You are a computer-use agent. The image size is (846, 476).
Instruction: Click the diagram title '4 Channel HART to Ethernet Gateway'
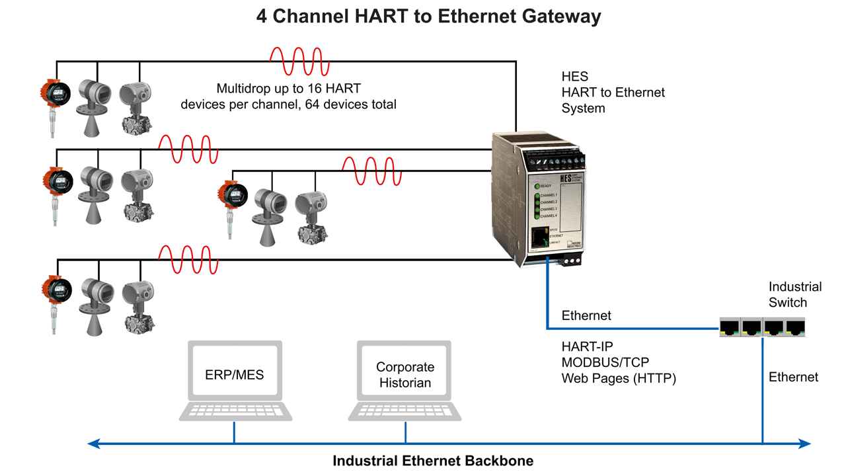[428, 16]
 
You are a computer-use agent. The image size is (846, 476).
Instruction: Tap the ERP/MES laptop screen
[235, 375]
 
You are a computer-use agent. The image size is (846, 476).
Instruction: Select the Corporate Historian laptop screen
[404, 375]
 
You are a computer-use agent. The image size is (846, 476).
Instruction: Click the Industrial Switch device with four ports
[762, 327]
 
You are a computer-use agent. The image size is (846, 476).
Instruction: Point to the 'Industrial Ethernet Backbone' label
[432, 461]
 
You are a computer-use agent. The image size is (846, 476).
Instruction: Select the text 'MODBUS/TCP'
[605, 362]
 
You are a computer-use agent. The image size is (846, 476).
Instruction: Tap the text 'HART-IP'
[588, 346]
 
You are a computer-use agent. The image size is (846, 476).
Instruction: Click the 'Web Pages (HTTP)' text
[619, 378]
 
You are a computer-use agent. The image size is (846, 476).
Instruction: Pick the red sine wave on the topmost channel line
[299, 61]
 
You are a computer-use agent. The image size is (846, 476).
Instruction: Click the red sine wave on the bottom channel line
[188, 260]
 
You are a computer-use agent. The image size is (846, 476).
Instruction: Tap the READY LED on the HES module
[537, 186]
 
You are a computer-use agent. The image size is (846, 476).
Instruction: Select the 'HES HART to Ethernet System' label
[613, 93]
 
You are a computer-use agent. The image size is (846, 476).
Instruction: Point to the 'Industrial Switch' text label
[794, 294]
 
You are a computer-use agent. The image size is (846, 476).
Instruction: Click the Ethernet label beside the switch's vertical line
[793, 377]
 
